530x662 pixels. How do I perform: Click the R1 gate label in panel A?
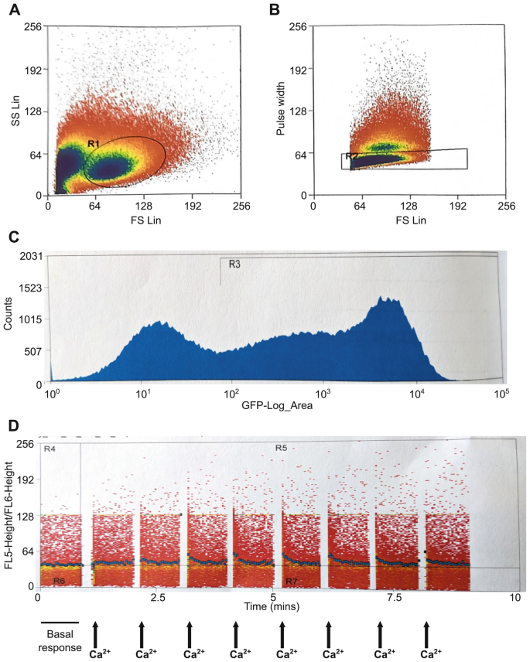click(93, 144)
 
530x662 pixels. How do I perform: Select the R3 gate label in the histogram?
click(233, 264)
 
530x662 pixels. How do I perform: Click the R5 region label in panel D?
click(282, 447)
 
